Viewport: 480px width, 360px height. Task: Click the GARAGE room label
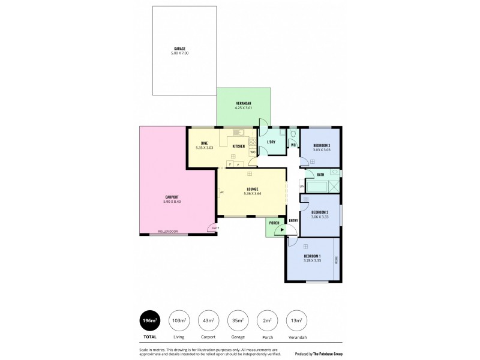click(179, 48)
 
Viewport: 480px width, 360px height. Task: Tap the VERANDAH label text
click(243, 104)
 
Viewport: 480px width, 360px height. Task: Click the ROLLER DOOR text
click(168, 232)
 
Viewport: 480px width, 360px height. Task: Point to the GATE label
click(215, 229)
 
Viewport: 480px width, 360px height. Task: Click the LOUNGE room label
click(251, 189)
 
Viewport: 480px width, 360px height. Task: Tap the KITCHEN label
click(239, 146)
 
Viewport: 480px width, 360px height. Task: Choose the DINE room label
click(203, 143)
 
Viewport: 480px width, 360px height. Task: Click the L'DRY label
click(271, 143)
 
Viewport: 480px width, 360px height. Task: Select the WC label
click(293, 145)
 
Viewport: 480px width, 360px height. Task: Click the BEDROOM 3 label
click(322, 145)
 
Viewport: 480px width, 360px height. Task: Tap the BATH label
click(320, 175)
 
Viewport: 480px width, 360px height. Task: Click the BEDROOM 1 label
click(312, 257)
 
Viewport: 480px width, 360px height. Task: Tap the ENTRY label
click(293, 220)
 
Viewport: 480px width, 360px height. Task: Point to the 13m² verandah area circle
click(295, 321)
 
